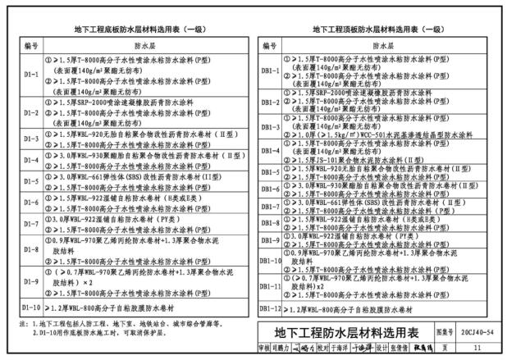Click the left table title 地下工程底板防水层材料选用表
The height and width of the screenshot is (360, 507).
click(x=131, y=30)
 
